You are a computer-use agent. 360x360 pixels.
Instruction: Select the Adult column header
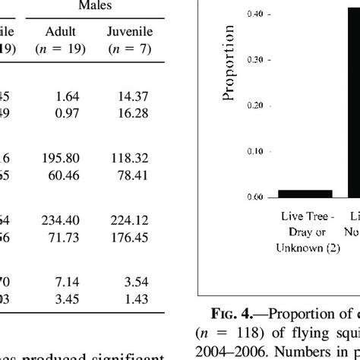60,33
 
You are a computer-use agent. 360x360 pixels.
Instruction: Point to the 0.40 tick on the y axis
254,14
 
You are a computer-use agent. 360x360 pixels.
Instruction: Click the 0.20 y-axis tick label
254,106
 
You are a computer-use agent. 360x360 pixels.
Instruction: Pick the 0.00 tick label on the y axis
254,197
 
